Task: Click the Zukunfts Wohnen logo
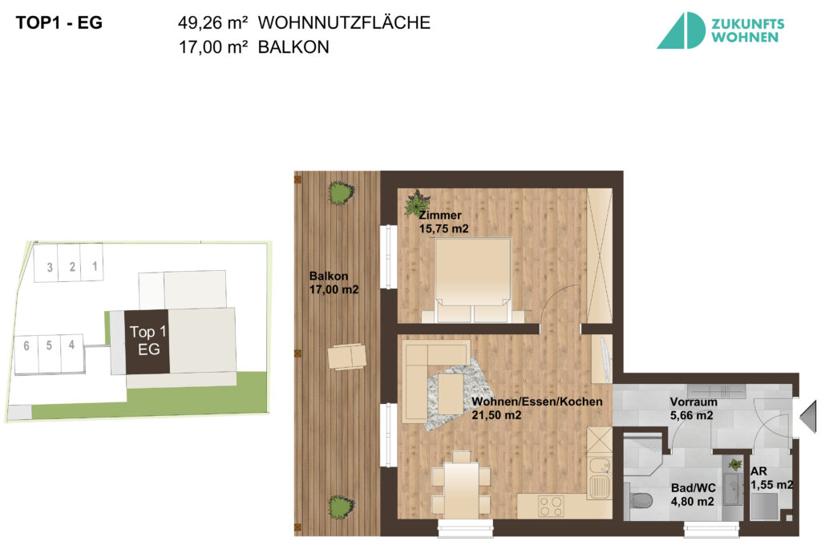(720, 30)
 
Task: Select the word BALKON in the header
(293, 48)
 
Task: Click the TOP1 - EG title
(59, 23)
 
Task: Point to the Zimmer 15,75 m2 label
(443, 222)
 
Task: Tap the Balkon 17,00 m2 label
(334, 283)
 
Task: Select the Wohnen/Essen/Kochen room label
(536, 408)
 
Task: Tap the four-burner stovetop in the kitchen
(550, 506)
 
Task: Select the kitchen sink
(598, 475)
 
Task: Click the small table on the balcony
(347, 356)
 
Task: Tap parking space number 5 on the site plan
(49, 346)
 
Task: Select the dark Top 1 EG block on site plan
(147, 341)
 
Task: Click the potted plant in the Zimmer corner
(417, 203)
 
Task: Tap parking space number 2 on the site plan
(72, 267)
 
